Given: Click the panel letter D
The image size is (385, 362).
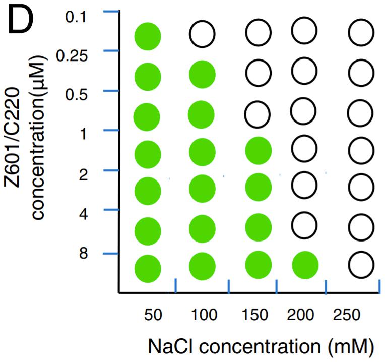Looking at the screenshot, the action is click(x=21, y=21).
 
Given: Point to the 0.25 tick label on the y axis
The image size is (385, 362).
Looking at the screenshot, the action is click(x=72, y=56).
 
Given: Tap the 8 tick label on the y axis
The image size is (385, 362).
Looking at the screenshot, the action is click(x=83, y=253).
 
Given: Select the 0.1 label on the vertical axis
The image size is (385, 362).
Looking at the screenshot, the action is click(x=76, y=17).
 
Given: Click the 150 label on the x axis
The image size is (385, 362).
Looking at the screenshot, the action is click(x=254, y=315).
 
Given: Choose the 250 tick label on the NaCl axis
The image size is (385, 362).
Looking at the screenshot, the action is click(x=347, y=315).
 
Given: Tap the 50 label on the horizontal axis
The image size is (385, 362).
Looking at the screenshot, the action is click(x=153, y=315).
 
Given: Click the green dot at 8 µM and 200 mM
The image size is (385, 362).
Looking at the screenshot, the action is click(x=305, y=265).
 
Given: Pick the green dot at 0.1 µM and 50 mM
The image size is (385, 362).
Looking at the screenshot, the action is click(x=148, y=36).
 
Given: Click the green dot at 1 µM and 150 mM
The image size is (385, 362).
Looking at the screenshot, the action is click(x=259, y=151).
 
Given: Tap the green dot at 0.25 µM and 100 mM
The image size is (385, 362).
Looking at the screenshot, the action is click(x=202, y=75).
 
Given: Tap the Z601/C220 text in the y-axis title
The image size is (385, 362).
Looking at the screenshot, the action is click(x=12, y=138).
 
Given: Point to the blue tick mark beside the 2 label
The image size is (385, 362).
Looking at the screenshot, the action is click(x=111, y=170).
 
